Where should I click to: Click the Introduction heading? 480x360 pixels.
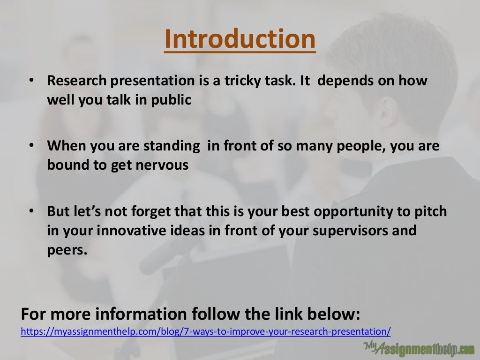coord(240,39)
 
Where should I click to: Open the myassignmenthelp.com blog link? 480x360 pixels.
coord(206,331)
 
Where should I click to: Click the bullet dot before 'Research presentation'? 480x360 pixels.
coord(31,81)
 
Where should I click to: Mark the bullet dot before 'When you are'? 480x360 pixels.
coord(31,146)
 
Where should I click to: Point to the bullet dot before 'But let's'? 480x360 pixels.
coord(31,211)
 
